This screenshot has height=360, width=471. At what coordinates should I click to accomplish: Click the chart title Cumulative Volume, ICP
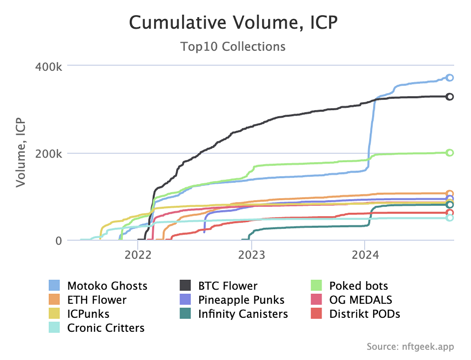233,22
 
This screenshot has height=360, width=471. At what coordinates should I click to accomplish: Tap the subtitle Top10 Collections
233,46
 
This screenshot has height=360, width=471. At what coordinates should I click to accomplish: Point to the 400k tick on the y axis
49,66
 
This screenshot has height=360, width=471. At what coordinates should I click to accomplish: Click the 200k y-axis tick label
49,154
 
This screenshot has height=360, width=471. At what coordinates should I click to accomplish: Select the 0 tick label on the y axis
58,241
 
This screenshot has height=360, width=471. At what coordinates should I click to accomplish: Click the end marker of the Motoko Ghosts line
449,78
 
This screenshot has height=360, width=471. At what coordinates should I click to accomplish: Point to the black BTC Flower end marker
449,97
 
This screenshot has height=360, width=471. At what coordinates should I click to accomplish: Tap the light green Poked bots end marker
449,153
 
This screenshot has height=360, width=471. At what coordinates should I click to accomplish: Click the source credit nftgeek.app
410,347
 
